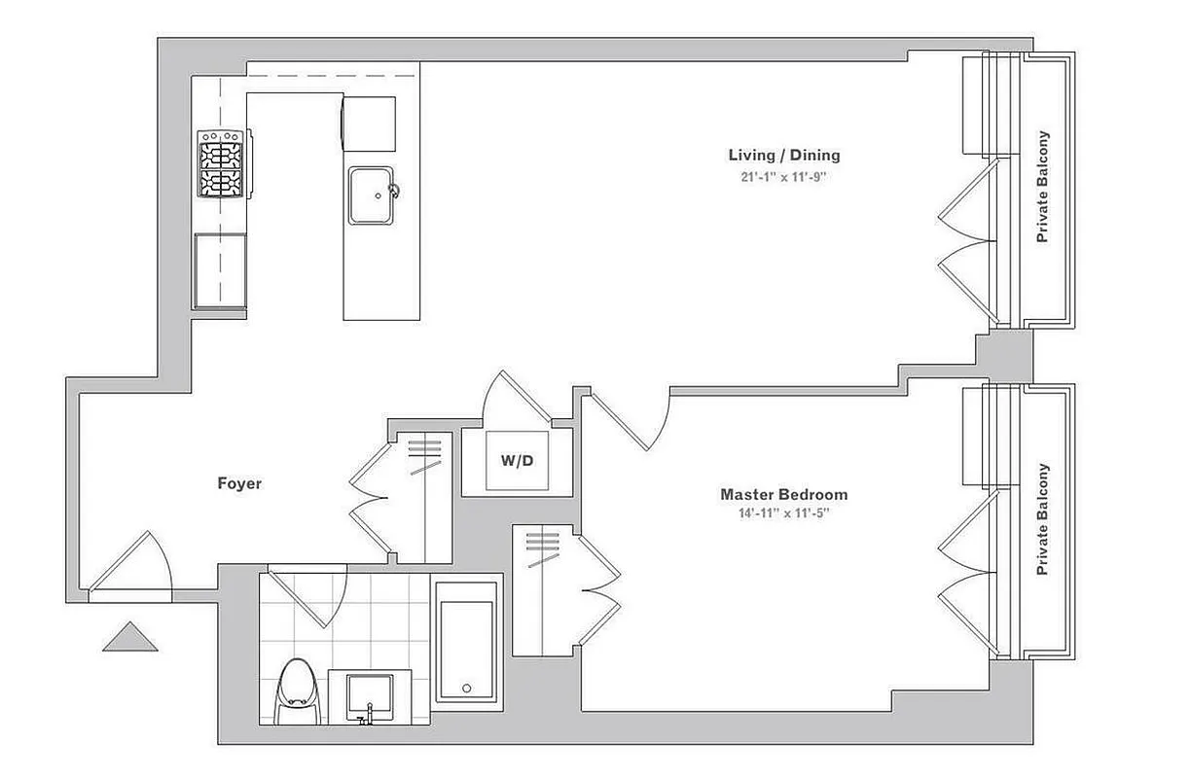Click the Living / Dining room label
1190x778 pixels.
[x=783, y=155]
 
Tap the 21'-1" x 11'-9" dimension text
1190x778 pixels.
[x=783, y=177]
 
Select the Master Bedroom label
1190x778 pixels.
[x=783, y=494]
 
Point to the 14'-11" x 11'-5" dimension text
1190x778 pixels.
[x=783, y=513]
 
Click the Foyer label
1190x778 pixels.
[x=239, y=483]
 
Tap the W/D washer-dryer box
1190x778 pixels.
[x=517, y=461]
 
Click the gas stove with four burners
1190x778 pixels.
[x=220, y=165]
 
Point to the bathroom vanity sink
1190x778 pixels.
[x=368, y=696]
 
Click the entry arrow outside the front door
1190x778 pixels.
[x=129, y=638]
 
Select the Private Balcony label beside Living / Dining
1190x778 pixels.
[x=1043, y=187]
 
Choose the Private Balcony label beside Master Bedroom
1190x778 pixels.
[x=1043, y=518]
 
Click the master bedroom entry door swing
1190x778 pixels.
[x=632, y=416]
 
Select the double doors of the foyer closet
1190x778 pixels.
[x=371, y=496]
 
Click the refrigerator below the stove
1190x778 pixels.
[x=220, y=270]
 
